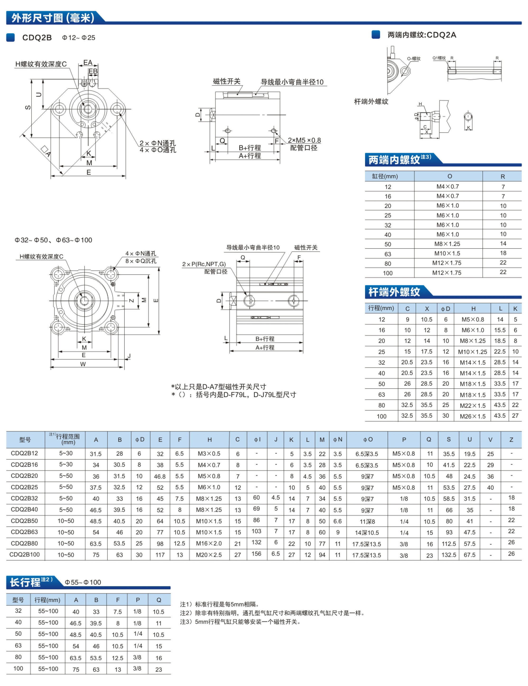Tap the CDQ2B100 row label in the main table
tap(24, 554)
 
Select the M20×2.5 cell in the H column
tap(209, 555)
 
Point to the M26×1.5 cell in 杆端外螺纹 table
tap(472, 416)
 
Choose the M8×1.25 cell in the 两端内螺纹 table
tap(447, 244)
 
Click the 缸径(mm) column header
tap(385, 176)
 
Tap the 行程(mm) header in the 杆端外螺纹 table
tap(381, 308)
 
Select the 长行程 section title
tap(25, 582)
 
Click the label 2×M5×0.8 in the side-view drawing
tap(304, 140)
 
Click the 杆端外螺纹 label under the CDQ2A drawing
tap(371, 101)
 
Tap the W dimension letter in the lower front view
tap(83, 364)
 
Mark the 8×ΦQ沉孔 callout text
tap(141, 261)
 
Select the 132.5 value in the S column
tap(449, 555)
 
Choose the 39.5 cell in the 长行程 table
tap(96, 623)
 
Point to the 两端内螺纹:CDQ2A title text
tap(421, 35)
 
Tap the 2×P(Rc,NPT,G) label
tap(204, 264)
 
